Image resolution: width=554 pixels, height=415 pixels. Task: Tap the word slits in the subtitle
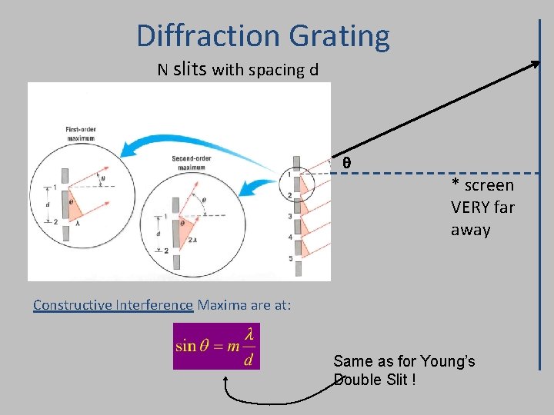190,69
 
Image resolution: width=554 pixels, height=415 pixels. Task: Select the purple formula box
216,346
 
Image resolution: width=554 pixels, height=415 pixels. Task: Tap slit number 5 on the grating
290,259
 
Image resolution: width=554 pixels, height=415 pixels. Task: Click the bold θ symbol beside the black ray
346,163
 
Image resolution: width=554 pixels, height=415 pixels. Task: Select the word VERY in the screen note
472,207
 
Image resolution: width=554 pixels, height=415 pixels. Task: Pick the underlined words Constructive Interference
112,305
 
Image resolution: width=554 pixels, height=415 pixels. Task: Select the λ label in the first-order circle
78,221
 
